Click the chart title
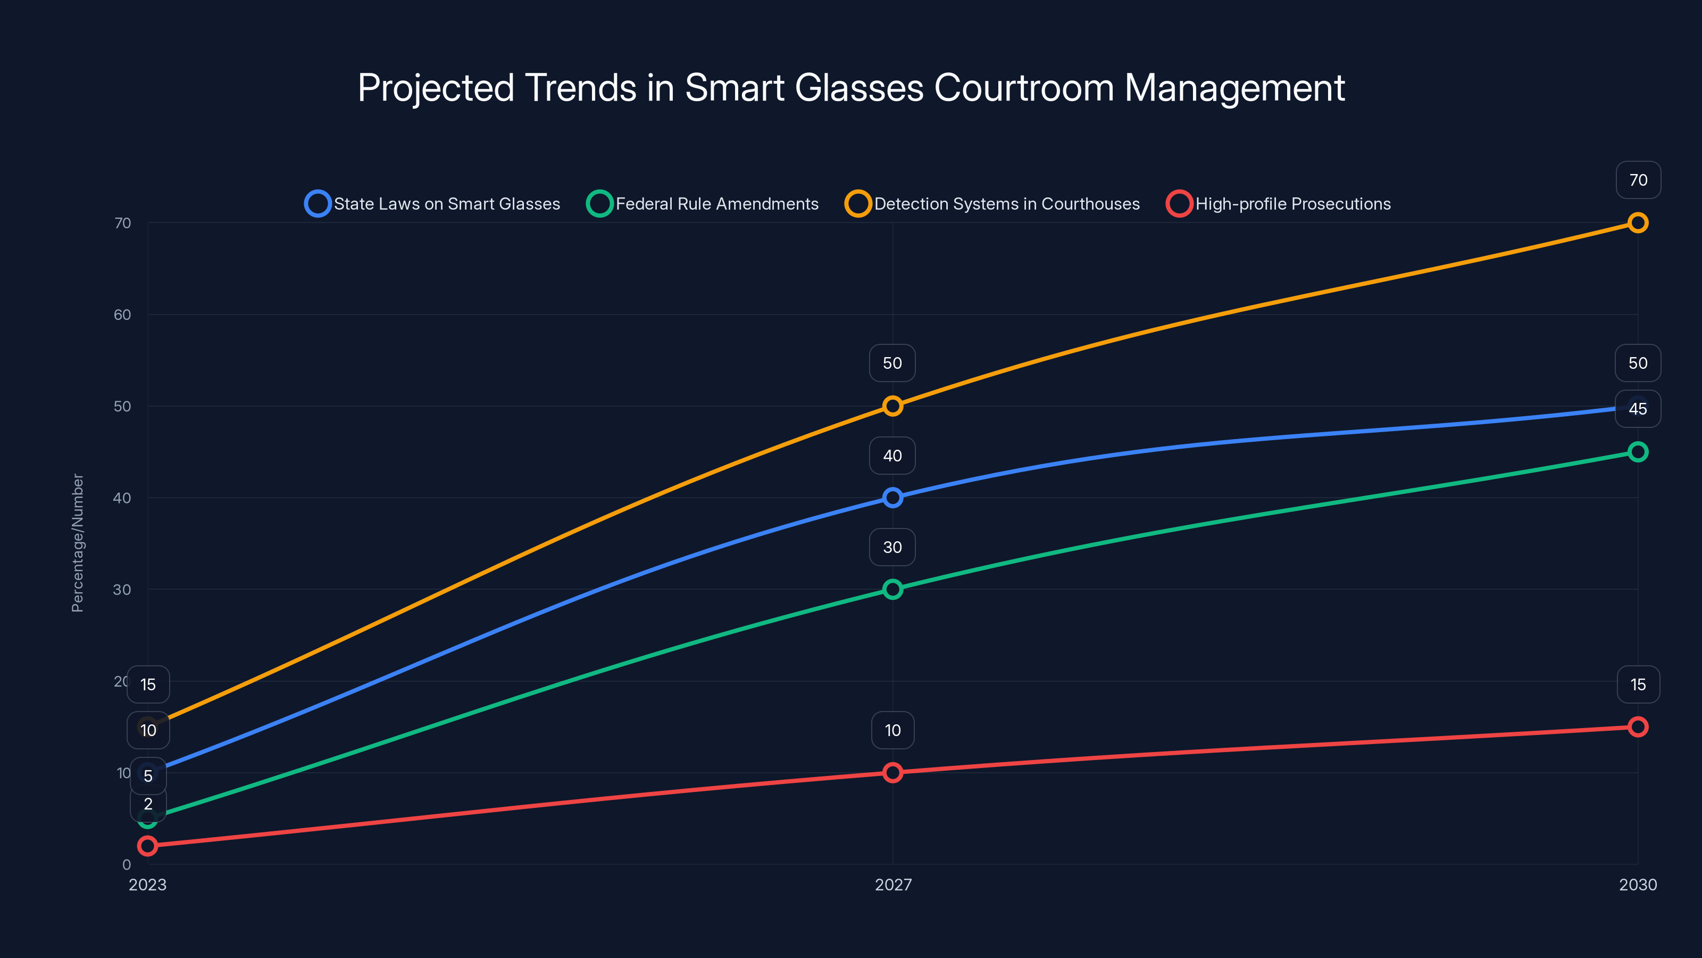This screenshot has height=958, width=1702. click(851, 88)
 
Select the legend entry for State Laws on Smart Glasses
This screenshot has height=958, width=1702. click(433, 204)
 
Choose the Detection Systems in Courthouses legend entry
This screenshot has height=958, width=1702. click(992, 204)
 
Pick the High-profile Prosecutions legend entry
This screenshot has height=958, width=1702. click(1279, 204)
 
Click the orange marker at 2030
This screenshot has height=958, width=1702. click(1637, 223)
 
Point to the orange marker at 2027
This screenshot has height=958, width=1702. click(892, 406)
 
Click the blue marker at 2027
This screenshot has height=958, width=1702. click(892, 498)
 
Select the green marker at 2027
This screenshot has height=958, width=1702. click(892, 589)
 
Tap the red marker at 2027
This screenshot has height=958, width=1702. click(892, 772)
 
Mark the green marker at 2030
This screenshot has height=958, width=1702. click(1637, 452)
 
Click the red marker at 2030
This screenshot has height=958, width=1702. click(1637, 726)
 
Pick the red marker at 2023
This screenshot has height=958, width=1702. click(148, 846)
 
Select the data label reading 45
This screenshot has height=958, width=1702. click(1637, 409)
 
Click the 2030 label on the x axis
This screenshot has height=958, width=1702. click(1637, 885)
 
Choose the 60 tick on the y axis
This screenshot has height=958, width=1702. click(122, 315)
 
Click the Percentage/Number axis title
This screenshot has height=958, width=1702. click(77, 543)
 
